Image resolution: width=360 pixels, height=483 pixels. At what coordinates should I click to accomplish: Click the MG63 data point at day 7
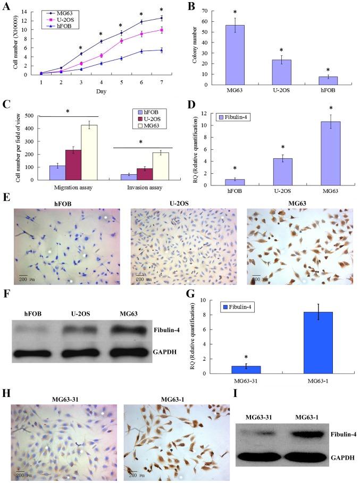tap(176, 18)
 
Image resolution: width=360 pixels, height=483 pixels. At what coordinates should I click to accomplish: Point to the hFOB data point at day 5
tap(121, 58)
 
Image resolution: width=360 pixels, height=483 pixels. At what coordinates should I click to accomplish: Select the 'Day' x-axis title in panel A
tap(101, 91)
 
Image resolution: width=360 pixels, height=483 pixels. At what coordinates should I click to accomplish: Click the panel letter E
tap(6, 197)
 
